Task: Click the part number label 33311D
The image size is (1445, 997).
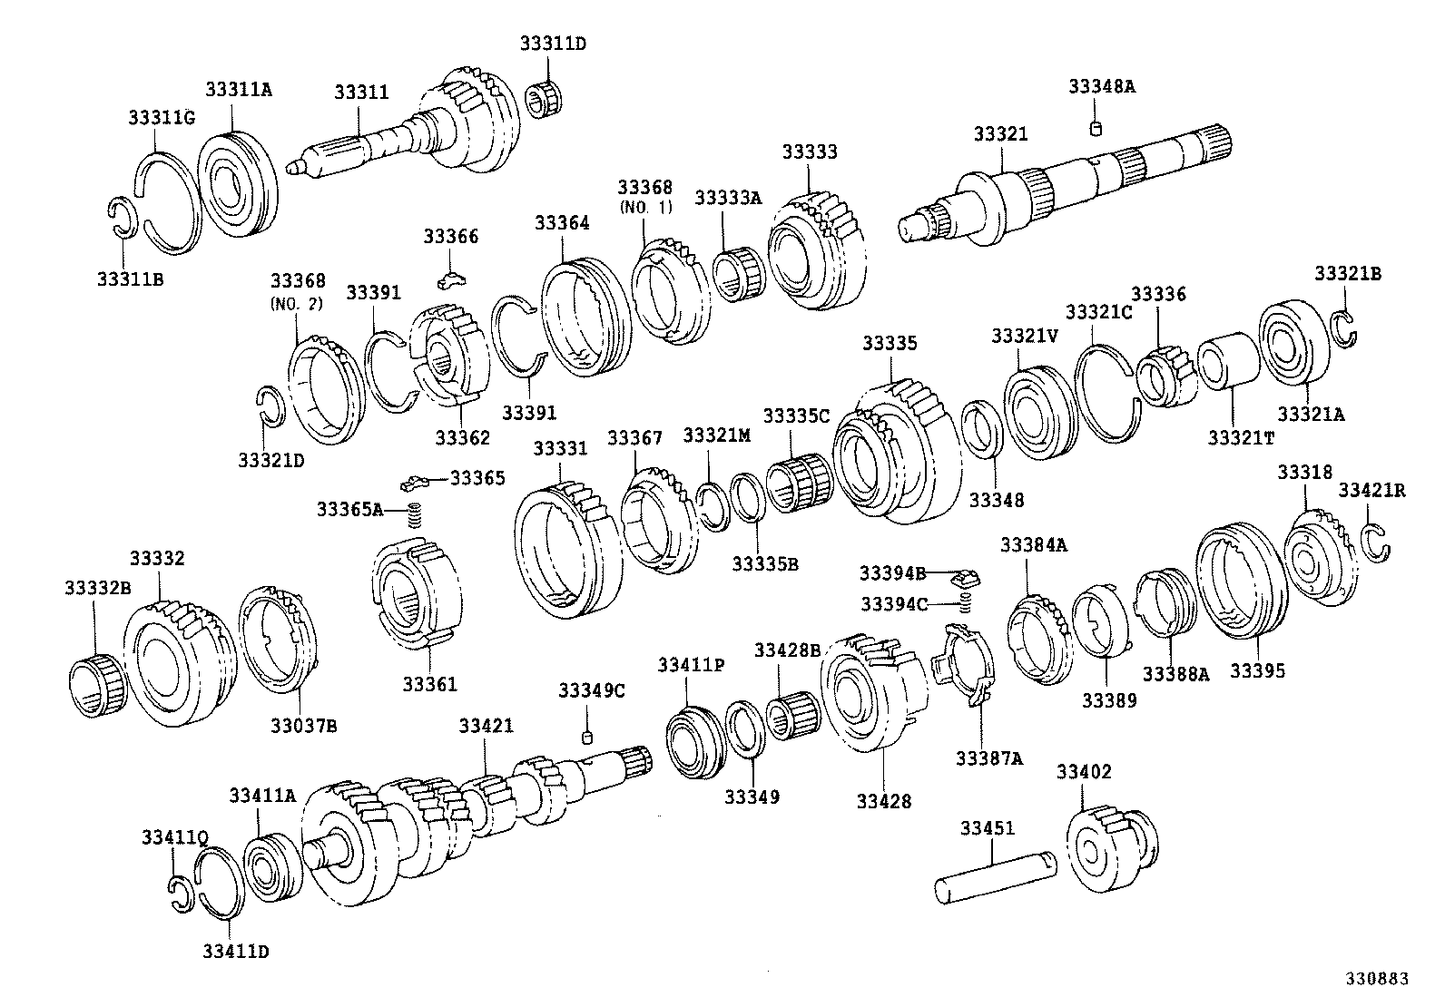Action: [x=553, y=43]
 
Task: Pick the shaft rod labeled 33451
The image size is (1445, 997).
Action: [x=996, y=875]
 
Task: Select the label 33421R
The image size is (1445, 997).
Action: [x=1371, y=491]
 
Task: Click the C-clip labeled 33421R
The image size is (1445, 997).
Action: [x=1378, y=542]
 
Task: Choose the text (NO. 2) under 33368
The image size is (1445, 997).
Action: [x=296, y=304]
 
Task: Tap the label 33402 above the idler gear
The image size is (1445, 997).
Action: [x=1084, y=772]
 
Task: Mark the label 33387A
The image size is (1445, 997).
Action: [x=988, y=758]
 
